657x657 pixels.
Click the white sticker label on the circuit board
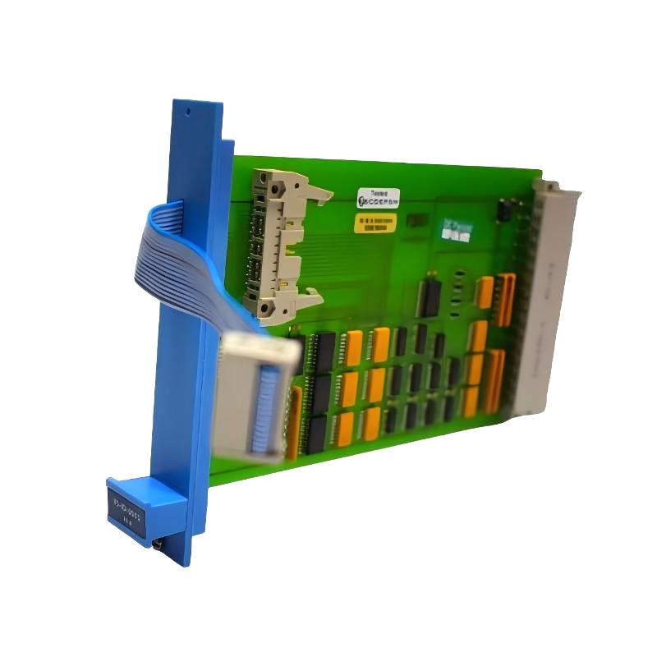point(379,199)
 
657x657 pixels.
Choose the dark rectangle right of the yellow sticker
point(418,221)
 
